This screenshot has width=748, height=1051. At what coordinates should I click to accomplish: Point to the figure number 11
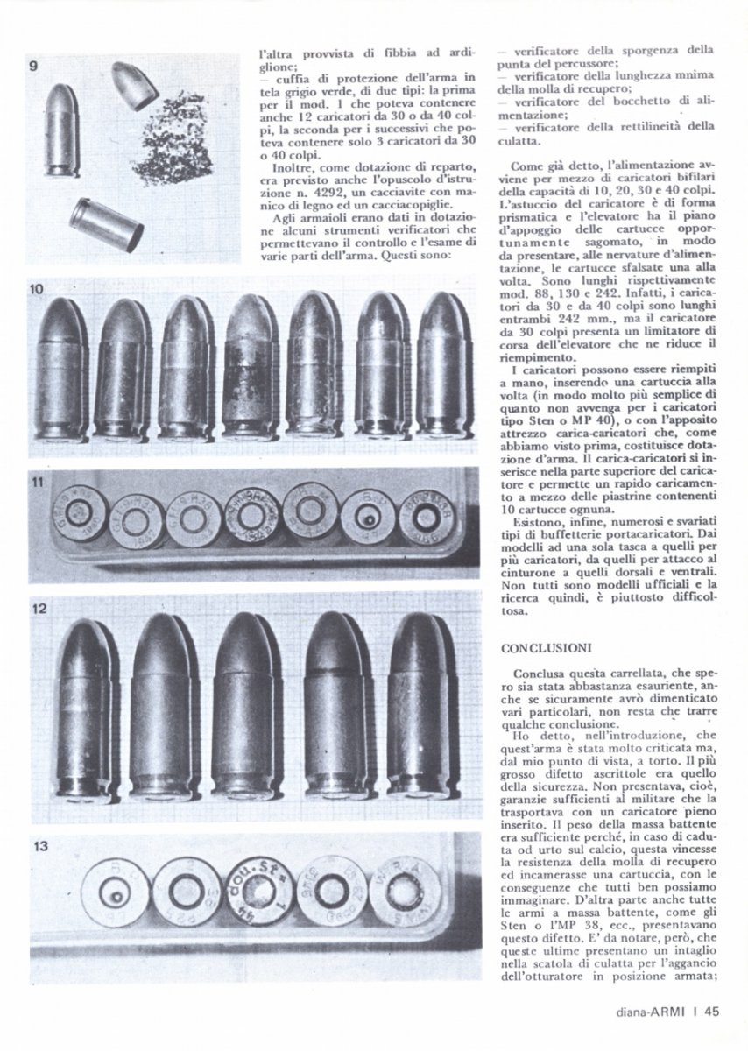36,480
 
